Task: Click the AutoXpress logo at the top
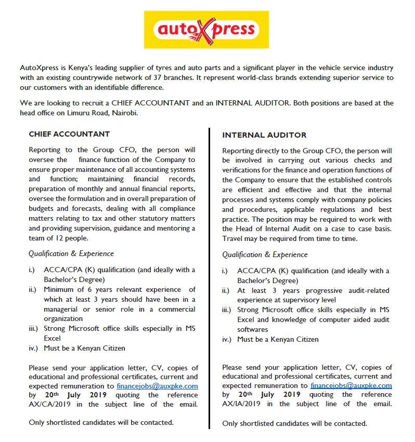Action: (x=206, y=30)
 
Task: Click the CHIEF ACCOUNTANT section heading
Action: (x=69, y=134)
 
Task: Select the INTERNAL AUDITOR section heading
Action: (x=264, y=135)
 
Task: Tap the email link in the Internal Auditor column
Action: (x=351, y=385)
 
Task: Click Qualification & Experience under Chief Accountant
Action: (x=71, y=253)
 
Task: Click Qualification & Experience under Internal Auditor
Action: (x=265, y=255)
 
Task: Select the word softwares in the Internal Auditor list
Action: (x=253, y=329)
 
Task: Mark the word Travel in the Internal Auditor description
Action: (x=233, y=238)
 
